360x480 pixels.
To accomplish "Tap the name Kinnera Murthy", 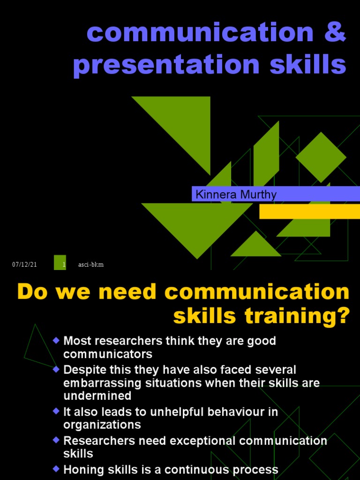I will [x=236, y=195].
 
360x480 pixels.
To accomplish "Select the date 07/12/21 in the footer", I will [x=24, y=265].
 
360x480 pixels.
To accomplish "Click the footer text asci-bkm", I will [x=91, y=265].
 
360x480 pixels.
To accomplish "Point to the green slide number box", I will [x=60, y=262].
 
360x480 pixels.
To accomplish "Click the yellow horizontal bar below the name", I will [x=309, y=211].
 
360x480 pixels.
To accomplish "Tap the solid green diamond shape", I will [x=321, y=157].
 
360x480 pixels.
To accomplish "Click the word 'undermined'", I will [x=97, y=396].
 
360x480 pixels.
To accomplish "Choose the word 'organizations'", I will [x=102, y=425].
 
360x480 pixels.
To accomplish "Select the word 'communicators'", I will [x=108, y=353].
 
